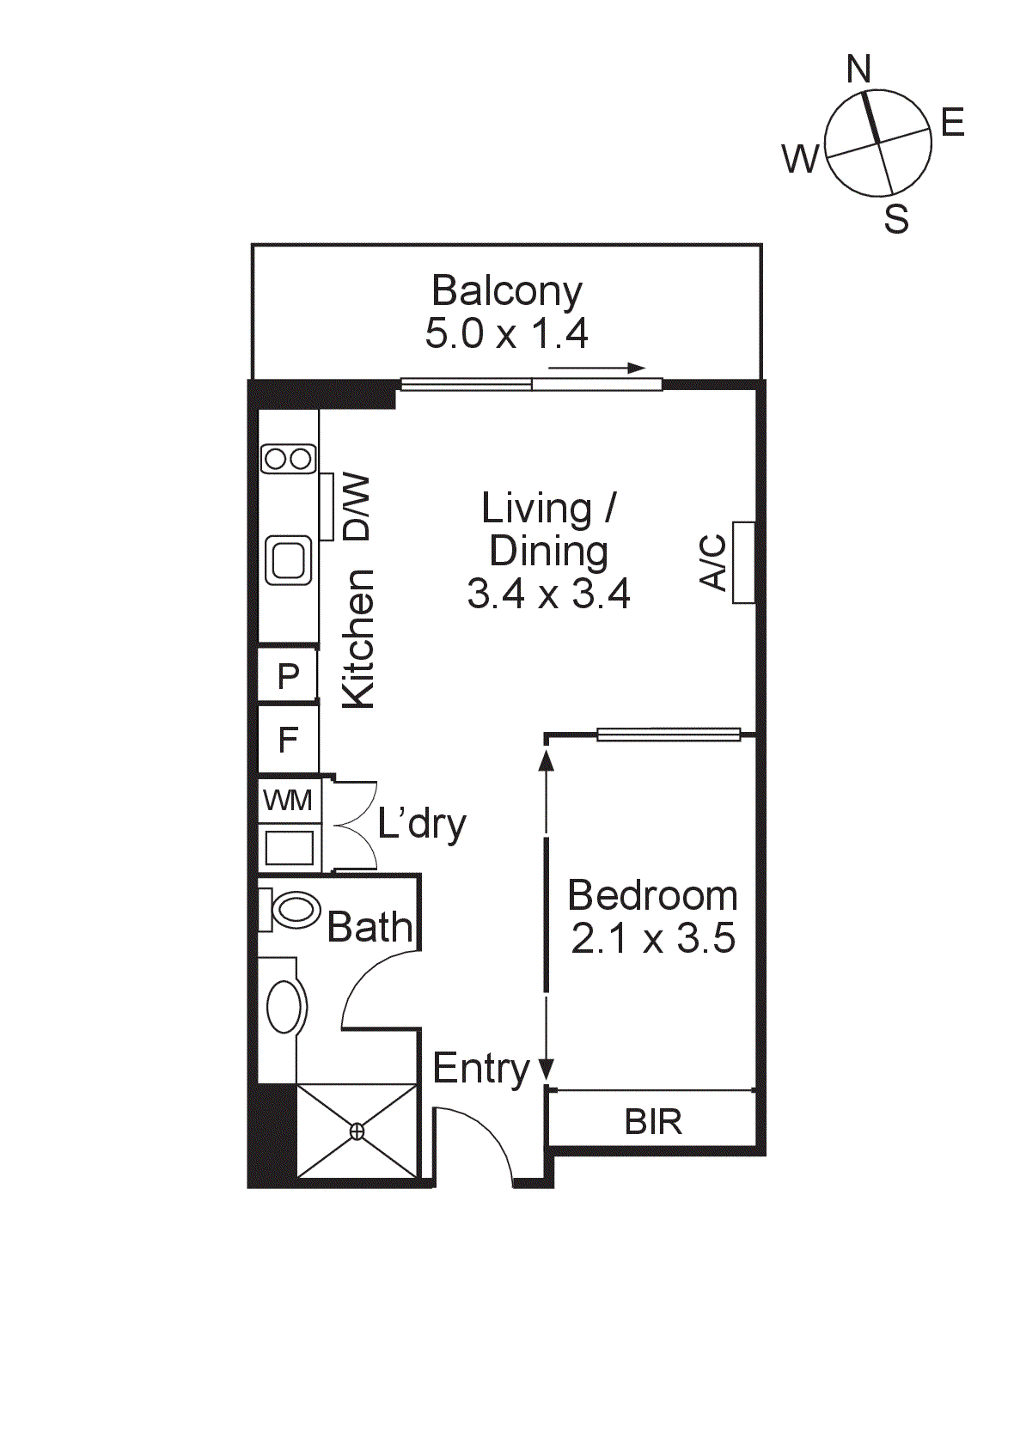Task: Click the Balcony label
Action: pyautogui.click(x=507, y=292)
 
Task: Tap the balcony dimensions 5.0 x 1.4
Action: pyautogui.click(x=507, y=333)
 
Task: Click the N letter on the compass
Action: pyautogui.click(x=858, y=69)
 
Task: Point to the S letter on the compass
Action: pyautogui.click(x=896, y=219)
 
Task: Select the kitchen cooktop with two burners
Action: pyautogui.click(x=289, y=459)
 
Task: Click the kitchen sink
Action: pyautogui.click(x=290, y=559)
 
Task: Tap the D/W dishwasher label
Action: pyautogui.click(x=357, y=507)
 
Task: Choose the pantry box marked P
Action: pyautogui.click(x=288, y=674)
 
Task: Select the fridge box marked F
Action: pyautogui.click(x=288, y=740)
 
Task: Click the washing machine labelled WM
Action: pyautogui.click(x=288, y=801)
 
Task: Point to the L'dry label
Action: pyautogui.click(x=422, y=825)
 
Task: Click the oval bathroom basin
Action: pyautogui.click(x=284, y=1007)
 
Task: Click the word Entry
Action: pyautogui.click(x=481, y=1069)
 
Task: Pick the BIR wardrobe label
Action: pyautogui.click(x=653, y=1122)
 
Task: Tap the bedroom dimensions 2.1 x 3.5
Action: pyautogui.click(x=652, y=939)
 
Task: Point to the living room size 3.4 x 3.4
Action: pyautogui.click(x=549, y=593)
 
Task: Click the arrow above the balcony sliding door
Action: pyautogui.click(x=597, y=368)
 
